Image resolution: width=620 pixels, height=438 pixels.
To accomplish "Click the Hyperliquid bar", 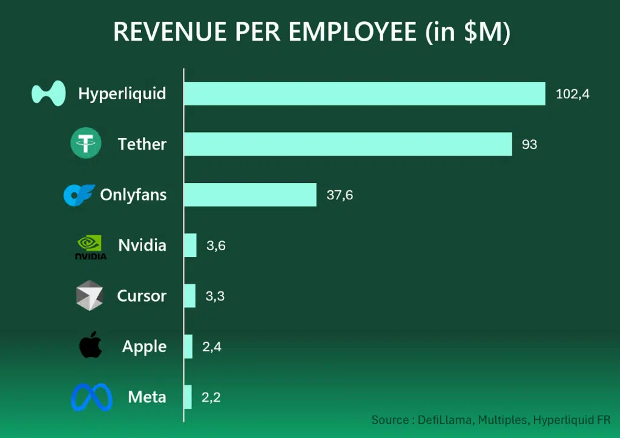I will point(364,94).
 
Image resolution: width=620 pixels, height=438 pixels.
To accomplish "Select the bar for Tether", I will point(348,144).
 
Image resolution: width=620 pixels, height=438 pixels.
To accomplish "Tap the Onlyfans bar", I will point(249,195).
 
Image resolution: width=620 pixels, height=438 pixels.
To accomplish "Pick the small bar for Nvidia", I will point(190,245).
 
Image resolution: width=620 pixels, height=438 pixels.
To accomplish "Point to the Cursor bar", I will point(190,296).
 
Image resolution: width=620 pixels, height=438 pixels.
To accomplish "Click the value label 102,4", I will point(572,95).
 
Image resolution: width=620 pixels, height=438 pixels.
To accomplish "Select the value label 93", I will point(529,145).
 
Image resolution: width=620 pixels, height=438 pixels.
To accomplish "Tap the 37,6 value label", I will point(340,196).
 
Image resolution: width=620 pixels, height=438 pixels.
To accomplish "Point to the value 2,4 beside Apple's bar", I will point(212,347).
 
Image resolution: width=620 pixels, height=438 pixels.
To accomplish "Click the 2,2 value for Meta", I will point(211,397).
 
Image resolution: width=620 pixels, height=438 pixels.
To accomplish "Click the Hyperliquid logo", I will point(48,93).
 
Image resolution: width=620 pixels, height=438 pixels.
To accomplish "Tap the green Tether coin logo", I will point(86,144).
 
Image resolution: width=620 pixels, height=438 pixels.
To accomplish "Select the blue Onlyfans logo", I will point(79,195).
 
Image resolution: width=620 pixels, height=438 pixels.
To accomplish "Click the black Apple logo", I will point(90,345).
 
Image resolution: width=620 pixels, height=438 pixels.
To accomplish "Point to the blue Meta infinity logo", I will point(91,397).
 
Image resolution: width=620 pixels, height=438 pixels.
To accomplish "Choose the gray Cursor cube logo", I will point(90,296).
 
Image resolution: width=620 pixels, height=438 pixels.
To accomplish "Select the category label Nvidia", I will point(142,245).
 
